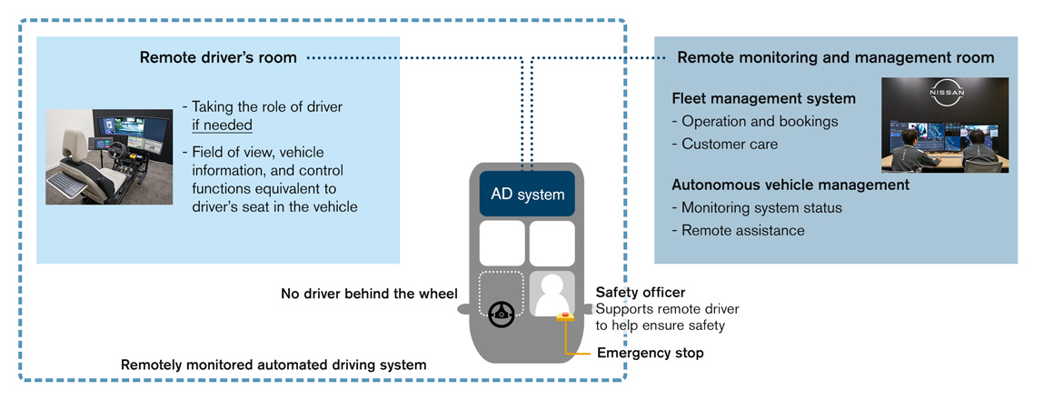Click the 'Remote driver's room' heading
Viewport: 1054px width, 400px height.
pos(218,57)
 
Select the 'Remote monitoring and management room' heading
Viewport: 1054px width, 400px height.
pos(836,57)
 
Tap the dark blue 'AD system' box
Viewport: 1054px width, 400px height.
pos(527,194)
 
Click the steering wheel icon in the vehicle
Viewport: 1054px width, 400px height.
pos(501,314)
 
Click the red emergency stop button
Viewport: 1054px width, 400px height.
pos(565,315)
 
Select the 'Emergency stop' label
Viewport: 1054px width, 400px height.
pos(650,353)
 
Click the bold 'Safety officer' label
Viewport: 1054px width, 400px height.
pos(641,293)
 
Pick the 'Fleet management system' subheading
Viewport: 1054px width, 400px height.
pos(763,98)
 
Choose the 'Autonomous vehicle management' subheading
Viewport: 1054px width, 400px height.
pos(790,185)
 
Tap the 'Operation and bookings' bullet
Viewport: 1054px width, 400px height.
pos(754,121)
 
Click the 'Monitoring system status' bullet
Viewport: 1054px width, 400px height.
pos(761,207)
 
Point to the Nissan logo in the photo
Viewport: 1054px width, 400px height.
pos(945,94)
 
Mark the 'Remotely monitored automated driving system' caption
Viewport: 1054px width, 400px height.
pos(273,365)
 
